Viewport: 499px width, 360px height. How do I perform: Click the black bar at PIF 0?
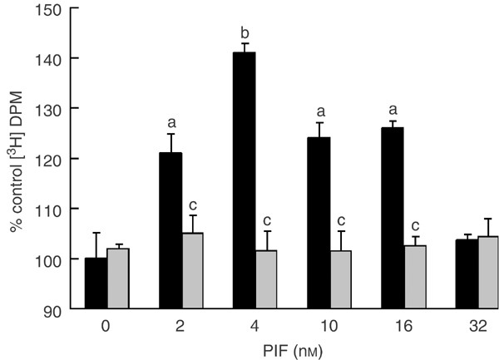point(96,283)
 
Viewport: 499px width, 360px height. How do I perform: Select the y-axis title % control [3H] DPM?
point(17,158)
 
